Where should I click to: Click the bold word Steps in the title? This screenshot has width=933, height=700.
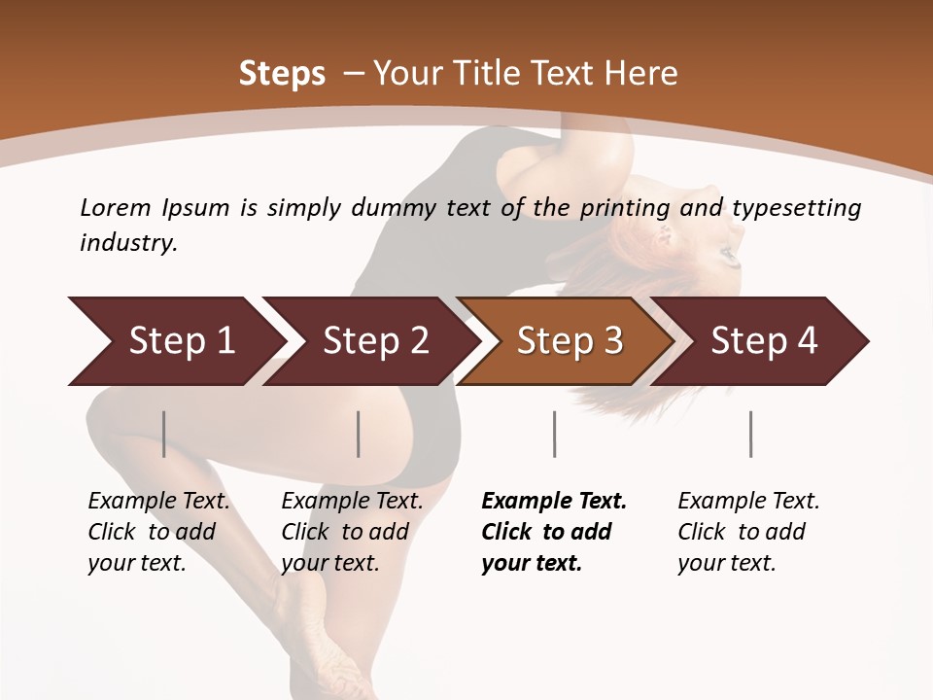coord(282,74)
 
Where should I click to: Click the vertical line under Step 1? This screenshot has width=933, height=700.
coord(164,434)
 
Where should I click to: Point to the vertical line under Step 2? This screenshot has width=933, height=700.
coord(359,434)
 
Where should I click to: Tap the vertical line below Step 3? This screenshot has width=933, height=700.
coord(555,434)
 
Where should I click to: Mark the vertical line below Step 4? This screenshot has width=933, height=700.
coord(751,434)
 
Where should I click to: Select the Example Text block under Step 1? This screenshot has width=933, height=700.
coord(158,532)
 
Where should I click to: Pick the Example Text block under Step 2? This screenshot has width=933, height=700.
coord(352,532)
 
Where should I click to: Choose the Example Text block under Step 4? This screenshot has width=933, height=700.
coord(748,532)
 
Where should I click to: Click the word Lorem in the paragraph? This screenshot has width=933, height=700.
coord(115,208)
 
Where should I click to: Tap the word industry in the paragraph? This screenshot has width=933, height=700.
coord(127,243)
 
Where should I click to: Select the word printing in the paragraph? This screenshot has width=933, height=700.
coord(624,208)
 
